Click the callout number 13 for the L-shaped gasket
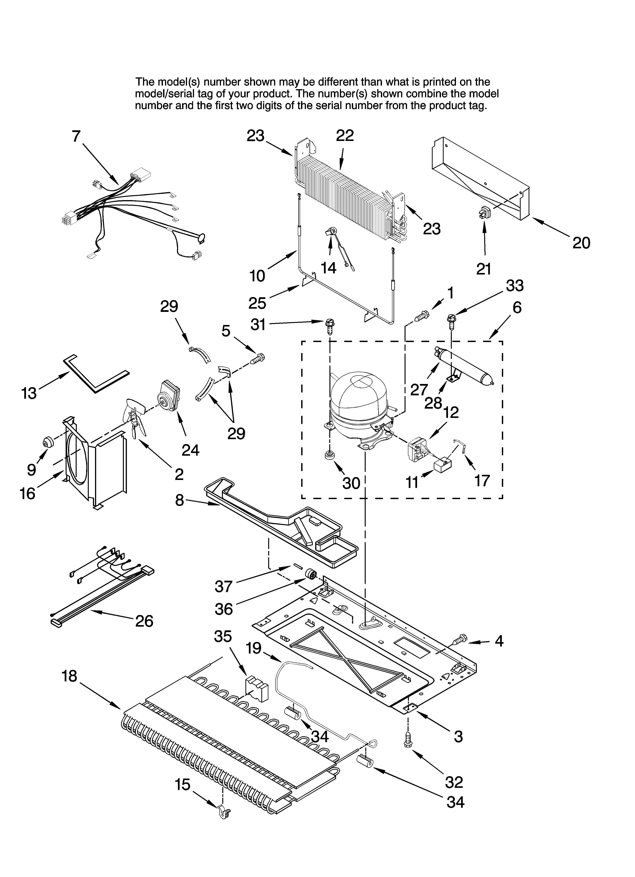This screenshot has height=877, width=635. (29, 393)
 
